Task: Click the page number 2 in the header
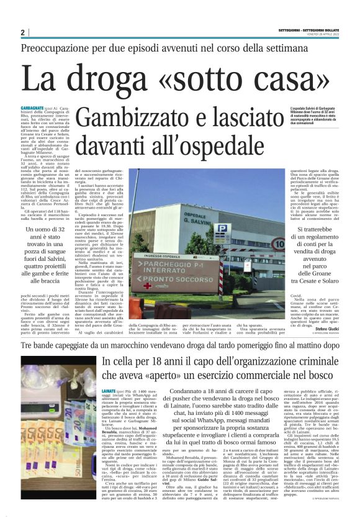point(23,32)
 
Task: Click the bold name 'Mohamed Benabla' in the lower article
point(119,429)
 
